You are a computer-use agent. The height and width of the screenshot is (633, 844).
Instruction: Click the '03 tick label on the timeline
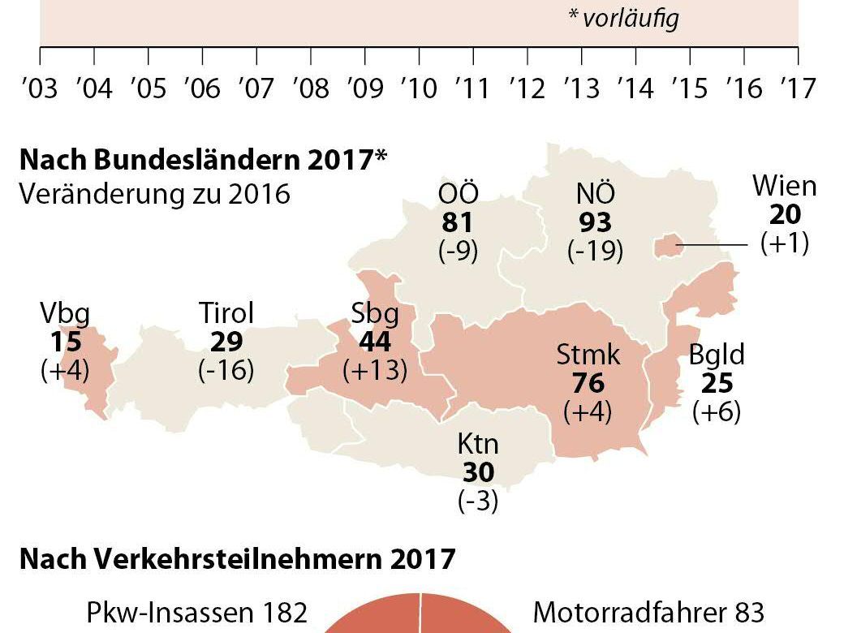click(x=40, y=87)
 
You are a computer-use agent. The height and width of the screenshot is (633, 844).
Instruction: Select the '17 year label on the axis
click(x=797, y=87)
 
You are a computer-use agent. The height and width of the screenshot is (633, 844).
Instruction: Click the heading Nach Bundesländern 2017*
click(x=202, y=160)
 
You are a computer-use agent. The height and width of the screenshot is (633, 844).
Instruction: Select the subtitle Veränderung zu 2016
click(x=154, y=195)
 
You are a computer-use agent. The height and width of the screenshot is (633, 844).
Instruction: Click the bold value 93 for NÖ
click(x=596, y=222)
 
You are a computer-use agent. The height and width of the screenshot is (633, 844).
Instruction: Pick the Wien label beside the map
click(x=784, y=186)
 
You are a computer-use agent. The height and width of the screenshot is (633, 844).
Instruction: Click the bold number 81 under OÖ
click(x=458, y=222)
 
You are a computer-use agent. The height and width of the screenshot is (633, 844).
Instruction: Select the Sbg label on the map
click(x=375, y=313)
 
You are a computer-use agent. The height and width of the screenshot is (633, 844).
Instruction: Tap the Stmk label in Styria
click(x=588, y=355)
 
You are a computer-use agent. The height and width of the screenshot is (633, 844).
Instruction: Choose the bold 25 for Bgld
click(x=717, y=383)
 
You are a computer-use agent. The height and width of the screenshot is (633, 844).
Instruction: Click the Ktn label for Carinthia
click(x=478, y=445)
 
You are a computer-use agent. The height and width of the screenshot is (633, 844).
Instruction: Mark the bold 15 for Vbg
click(x=66, y=341)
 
